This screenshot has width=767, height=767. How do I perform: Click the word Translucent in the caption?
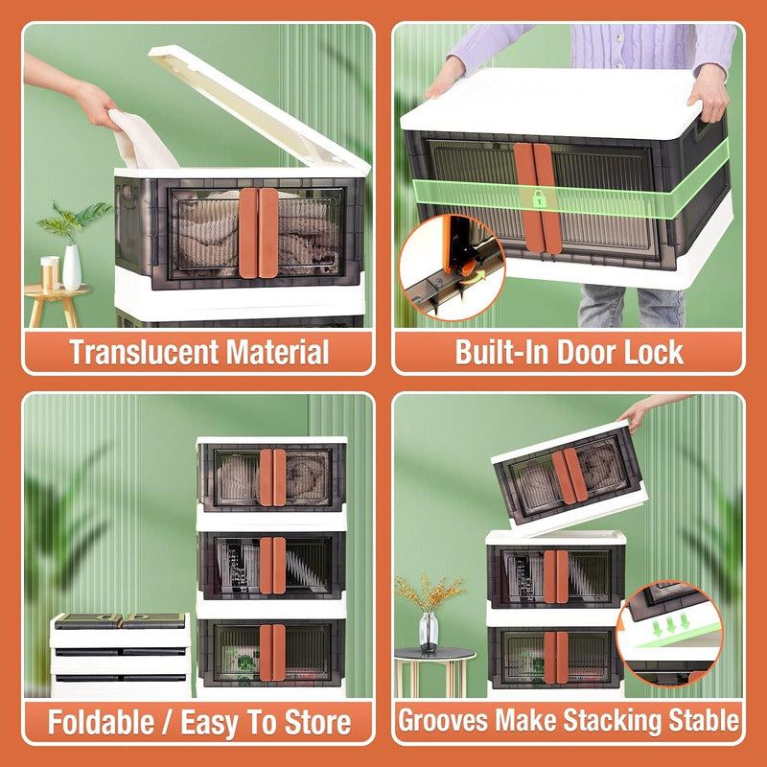coord(144,352)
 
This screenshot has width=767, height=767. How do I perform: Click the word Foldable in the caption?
coord(101,723)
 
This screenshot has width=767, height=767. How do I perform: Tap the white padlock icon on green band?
coord(539,199)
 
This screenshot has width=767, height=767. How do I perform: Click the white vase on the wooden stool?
coord(72,267)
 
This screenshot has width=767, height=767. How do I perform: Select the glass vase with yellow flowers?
coord(429,632)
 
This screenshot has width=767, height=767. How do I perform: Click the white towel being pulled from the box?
coord(141,140)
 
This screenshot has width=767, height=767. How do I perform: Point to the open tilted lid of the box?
coord(259,110)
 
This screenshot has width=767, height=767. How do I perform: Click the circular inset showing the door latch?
coord(452,267)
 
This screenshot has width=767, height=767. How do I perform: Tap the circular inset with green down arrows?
coord(669,634)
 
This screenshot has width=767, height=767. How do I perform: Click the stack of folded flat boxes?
coord(121,654)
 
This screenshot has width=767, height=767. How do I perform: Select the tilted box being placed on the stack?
coord(569,479)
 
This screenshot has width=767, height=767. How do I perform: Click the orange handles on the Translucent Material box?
coord(258,233)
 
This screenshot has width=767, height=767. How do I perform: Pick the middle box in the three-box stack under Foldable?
coord(271,566)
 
